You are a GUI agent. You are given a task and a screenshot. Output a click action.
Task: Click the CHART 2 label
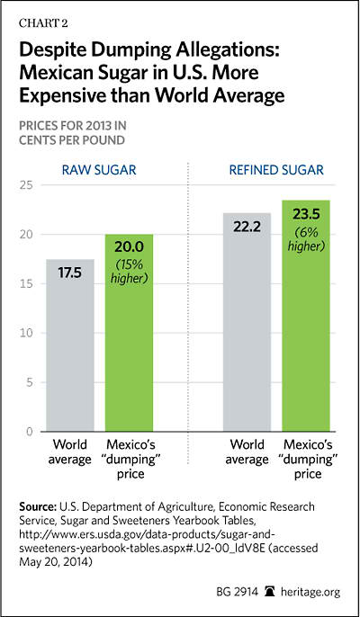click(43, 23)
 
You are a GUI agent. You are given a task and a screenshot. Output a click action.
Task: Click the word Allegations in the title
click(229, 51)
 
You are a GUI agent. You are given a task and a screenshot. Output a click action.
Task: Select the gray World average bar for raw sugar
click(70, 345)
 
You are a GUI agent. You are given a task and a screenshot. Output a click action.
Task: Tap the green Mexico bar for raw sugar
click(130, 333)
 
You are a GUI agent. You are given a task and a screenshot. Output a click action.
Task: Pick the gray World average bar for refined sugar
click(247, 322)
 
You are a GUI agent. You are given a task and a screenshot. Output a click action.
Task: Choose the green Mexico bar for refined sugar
click(306, 316)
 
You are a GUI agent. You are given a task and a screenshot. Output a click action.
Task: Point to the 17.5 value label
click(70, 273)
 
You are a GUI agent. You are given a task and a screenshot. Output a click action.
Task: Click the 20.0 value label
click(130, 247)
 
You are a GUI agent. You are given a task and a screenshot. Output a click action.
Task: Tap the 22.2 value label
click(247, 227)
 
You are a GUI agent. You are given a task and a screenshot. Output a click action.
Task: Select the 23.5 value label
click(306, 215)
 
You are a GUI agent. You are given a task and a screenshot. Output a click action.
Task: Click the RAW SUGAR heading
click(99, 170)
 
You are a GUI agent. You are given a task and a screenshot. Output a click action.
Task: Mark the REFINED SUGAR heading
click(276, 170)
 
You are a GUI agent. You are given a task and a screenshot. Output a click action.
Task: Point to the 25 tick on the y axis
click(26, 185)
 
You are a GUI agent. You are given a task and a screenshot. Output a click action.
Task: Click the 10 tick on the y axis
click(26, 333)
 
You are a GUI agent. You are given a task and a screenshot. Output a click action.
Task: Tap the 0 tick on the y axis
click(30, 432)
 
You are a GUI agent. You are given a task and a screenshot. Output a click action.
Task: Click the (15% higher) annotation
click(130, 271)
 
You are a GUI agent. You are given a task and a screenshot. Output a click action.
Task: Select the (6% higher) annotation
click(306, 239)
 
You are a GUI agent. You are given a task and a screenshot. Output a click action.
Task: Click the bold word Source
click(38, 506)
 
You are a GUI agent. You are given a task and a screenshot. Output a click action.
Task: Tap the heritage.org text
click(310, 592)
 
